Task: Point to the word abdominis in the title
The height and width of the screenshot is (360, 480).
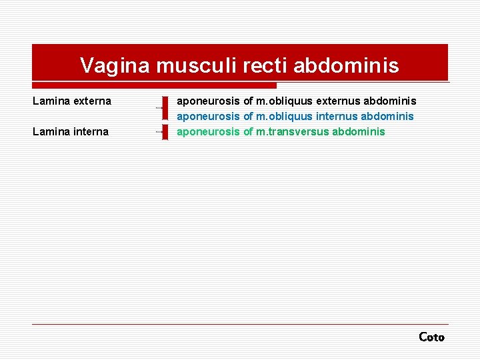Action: point(346,65)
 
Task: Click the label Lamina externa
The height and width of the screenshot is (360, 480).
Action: point(72,101)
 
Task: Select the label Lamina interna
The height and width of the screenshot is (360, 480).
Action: point(71,131)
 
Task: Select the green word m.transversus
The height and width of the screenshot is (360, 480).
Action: point(292,131)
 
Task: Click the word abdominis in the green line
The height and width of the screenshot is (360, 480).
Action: point(358,131)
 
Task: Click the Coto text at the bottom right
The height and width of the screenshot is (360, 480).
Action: point(431,337)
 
